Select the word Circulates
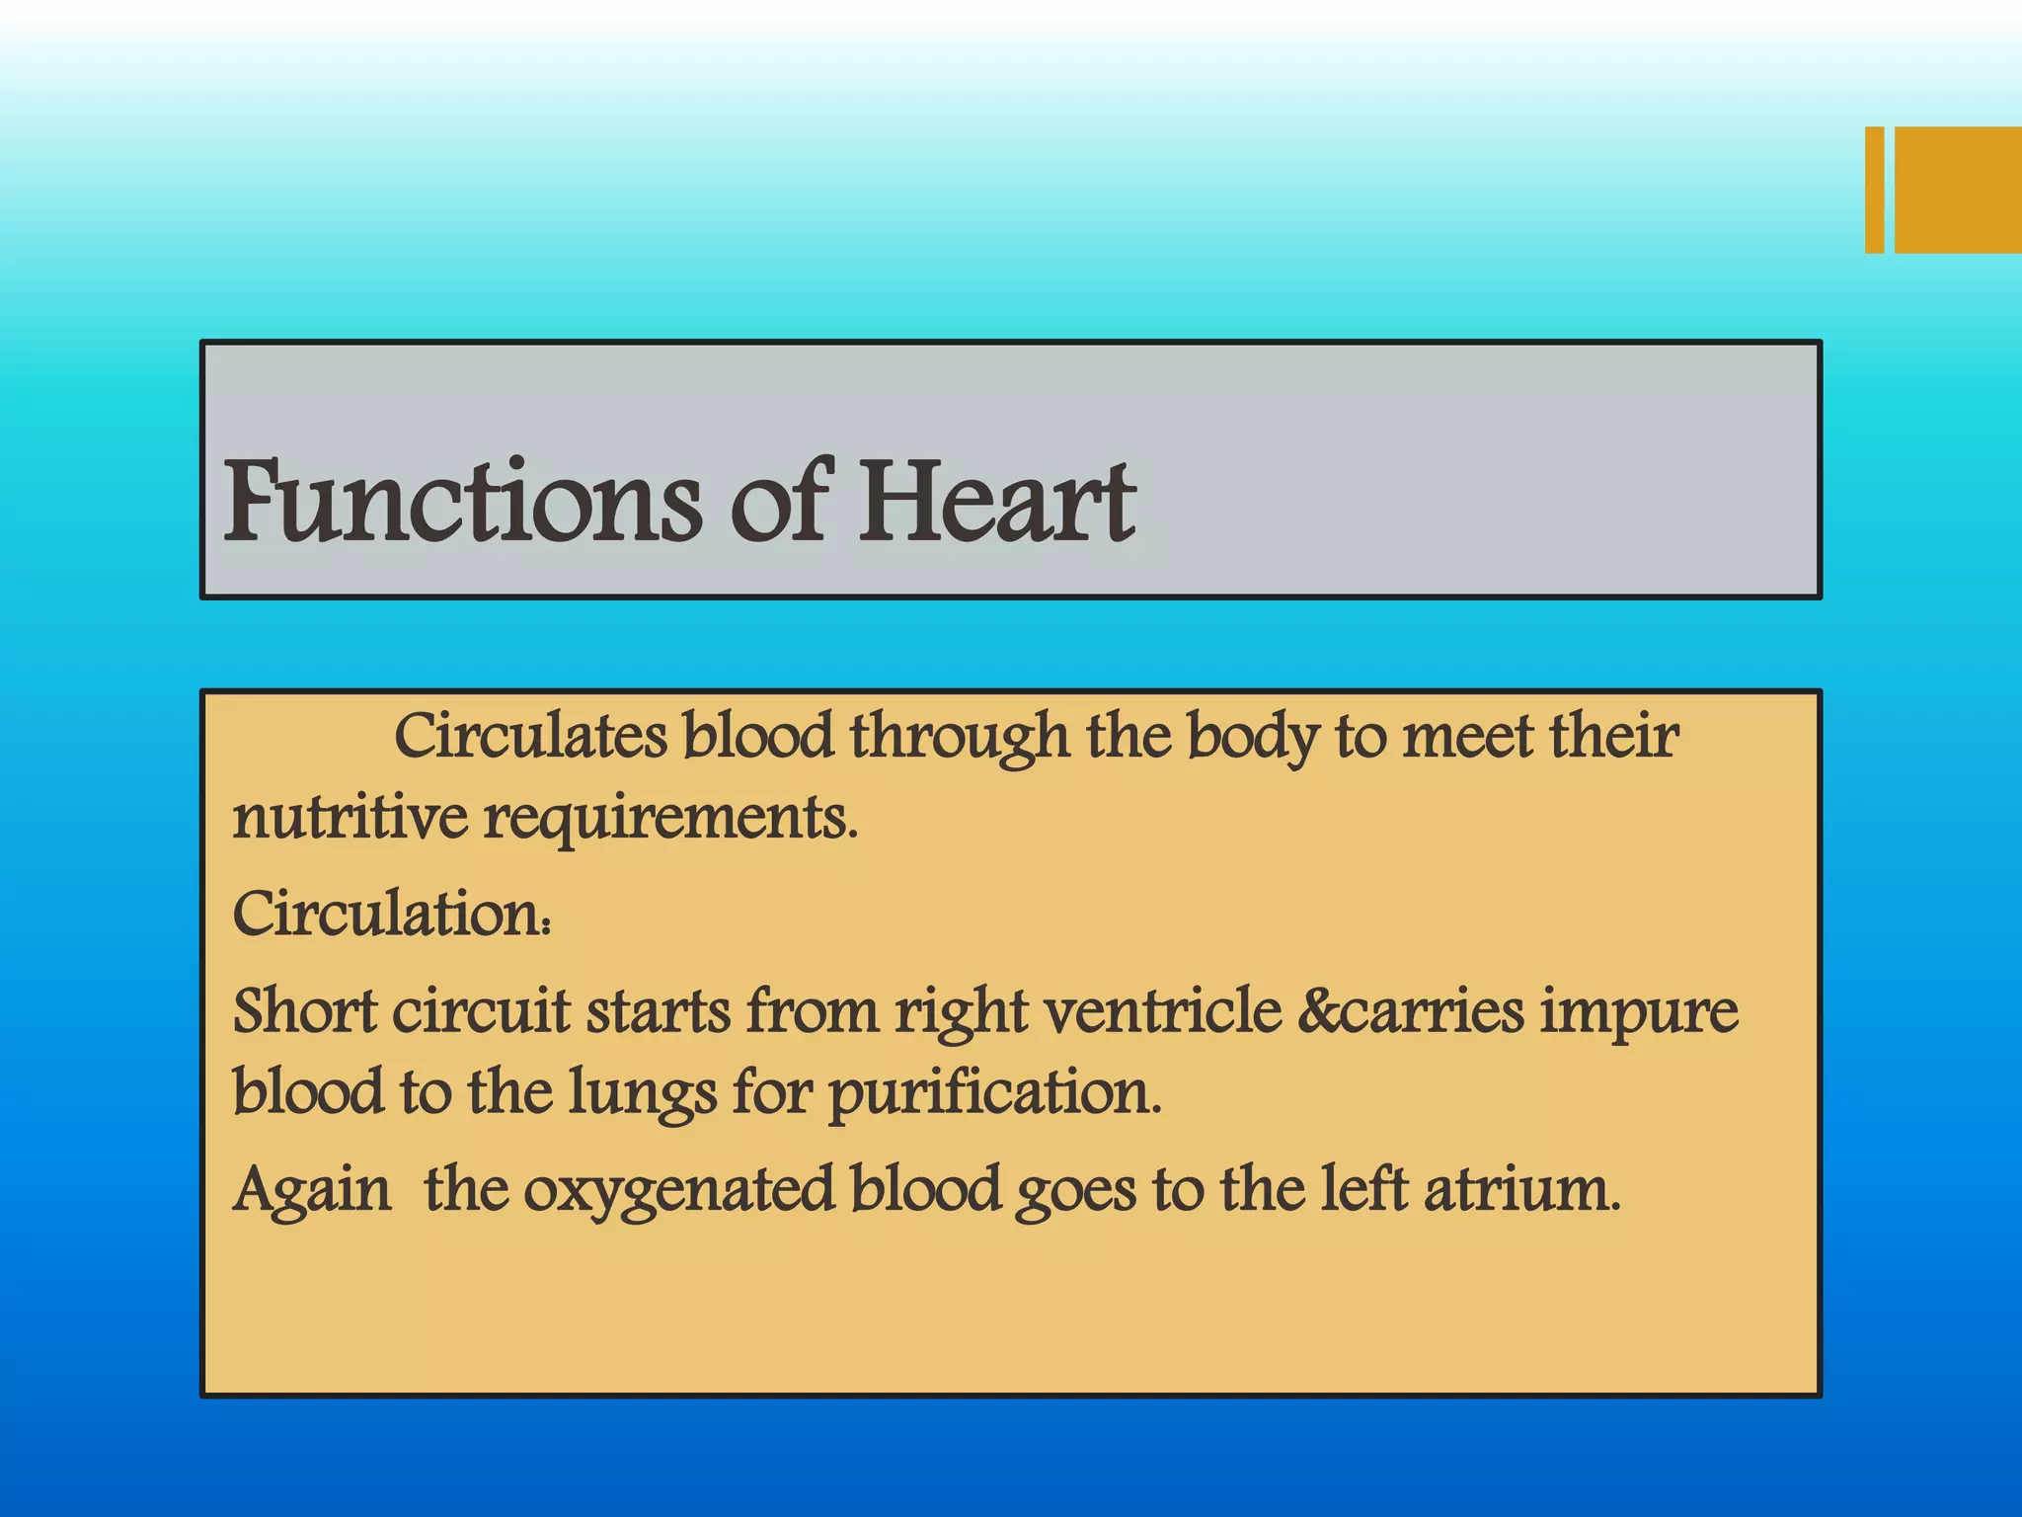pyautogui.click(x=530, y=736)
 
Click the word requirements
pyautogui.click(x=670, y=820)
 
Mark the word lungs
pyautogui.click(x=643, y=1094)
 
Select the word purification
pyautogui.click(x=994, y=1094)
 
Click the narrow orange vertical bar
pyautogui.click(x=1874, y=190)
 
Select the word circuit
pyautogui.click(x=481, y=1011)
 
